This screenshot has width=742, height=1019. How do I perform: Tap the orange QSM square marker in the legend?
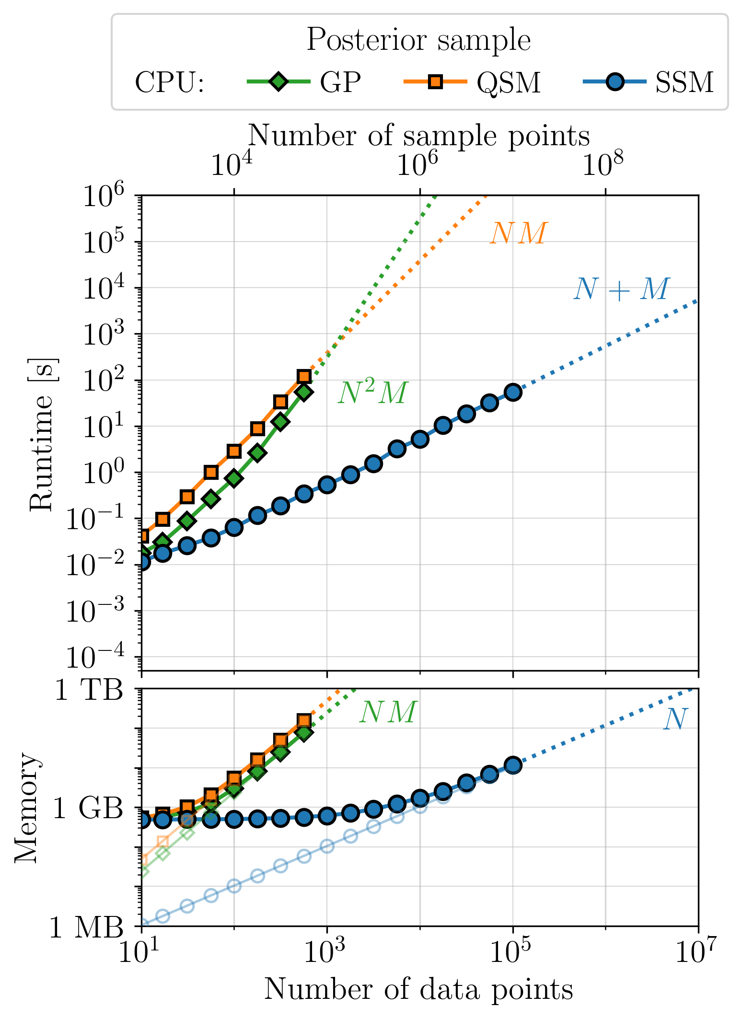click(435, 81)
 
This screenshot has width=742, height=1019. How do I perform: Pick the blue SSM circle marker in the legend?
click(614, 81)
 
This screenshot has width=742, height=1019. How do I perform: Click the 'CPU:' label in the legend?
click(170, 82)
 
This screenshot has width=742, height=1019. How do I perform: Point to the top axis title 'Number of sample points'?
click(418, 135)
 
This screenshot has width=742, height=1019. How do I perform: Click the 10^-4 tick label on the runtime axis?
click(95, 656)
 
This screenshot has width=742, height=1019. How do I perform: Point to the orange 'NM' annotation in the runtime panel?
click(518, 233)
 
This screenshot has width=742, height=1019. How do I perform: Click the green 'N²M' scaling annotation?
click(372, 393)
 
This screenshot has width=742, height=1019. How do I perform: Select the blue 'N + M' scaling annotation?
click(621, 289)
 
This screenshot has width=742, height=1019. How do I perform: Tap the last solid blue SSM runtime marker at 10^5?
click(513, 392)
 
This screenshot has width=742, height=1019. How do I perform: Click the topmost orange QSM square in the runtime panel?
click(304, 376)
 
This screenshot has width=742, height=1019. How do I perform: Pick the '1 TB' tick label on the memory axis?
click(89, 691)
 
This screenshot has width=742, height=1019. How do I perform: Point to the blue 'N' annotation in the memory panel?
click(675, 719)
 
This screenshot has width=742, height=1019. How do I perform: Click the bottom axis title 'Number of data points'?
click(418, 989)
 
